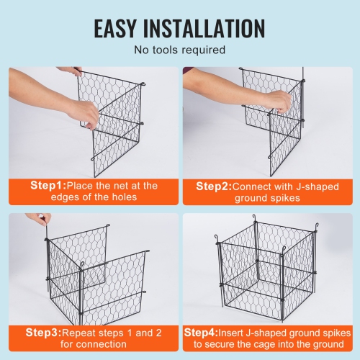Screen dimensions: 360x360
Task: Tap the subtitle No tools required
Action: pyautogui.click(x=179, y=50)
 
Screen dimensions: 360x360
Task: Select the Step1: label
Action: pyautogui.click(x=48, y=185)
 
